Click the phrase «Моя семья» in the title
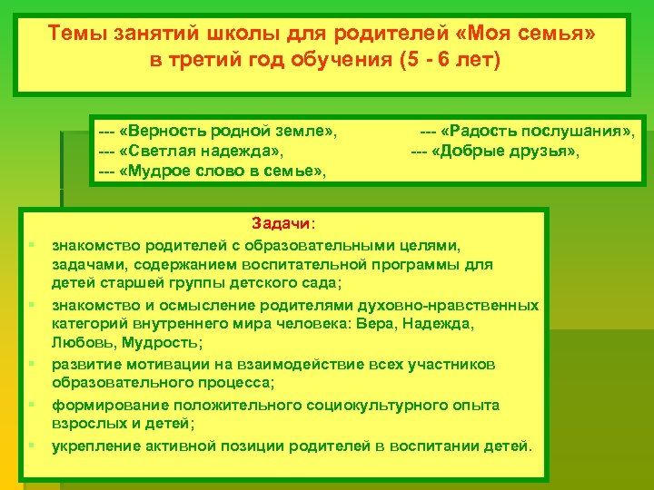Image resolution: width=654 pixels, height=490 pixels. point(539,34)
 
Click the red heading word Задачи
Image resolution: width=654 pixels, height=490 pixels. point(282,225)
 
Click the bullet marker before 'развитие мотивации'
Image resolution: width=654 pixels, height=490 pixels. point(32,364)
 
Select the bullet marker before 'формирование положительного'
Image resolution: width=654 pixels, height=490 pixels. point(32,405)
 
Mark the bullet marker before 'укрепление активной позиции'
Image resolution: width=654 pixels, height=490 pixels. point(32,446)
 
